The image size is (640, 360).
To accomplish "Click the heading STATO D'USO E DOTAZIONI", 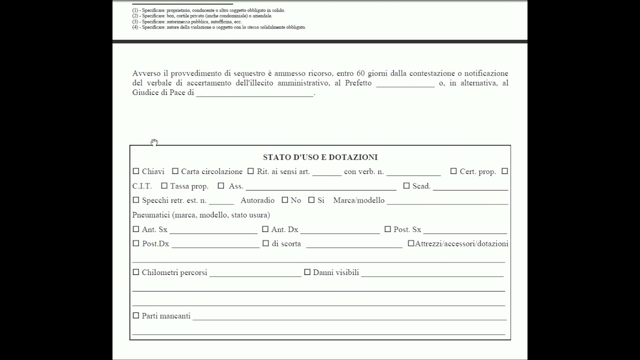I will point(320,157).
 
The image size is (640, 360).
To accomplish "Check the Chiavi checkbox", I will point(136,171).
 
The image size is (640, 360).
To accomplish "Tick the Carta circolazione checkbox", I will point(175,171).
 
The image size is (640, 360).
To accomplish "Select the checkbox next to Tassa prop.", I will point(164,185).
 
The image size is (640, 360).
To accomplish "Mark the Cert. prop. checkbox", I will point(453,171).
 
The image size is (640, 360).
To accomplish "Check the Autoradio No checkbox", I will point(285,200).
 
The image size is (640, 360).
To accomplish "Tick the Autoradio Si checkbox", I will point(311,200).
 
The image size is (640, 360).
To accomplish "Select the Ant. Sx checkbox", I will point(136,229).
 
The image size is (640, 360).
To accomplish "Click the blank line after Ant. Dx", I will point(340,230).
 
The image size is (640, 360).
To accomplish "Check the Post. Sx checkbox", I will point(387,229).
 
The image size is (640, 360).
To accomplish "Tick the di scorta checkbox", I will point(265,243).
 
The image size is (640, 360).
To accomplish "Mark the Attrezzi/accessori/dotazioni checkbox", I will point(411,243).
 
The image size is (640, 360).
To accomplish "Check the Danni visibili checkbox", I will point(307,272).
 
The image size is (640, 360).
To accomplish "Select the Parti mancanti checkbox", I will point(136,315).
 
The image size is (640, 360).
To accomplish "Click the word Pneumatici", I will point(151,215).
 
